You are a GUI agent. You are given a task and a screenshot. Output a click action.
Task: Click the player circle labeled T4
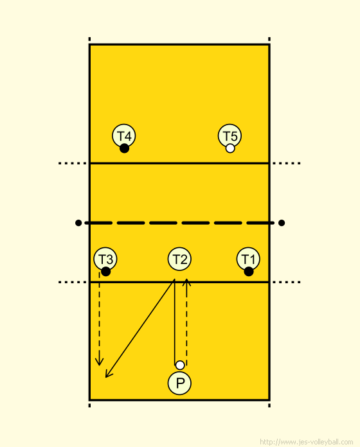[124, 136]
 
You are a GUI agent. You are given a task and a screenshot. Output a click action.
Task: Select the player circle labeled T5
[230, 136]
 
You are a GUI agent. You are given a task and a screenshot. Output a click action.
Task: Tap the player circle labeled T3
[105, 259]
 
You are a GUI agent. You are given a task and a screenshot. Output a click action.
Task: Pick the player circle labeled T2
[179, 259]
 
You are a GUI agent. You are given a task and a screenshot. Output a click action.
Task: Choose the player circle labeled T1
[248, 259]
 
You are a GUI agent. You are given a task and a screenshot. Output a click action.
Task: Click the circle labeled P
[179, 383]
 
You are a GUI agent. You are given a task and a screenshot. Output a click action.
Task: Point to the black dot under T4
[124, 148]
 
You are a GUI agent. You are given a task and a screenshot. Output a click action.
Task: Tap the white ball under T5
[230, 148]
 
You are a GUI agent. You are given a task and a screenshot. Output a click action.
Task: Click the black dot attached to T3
[105, 272]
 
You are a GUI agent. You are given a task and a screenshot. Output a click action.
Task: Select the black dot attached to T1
[249, 272]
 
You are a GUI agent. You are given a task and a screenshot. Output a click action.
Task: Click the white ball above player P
[180, 365]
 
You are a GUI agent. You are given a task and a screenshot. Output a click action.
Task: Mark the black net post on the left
[78, 223]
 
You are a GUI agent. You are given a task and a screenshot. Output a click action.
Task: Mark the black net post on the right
[282, 223]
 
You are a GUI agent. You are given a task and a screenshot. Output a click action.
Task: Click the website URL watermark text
[307, 442]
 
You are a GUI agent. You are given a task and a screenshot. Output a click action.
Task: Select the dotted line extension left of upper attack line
[73, 163]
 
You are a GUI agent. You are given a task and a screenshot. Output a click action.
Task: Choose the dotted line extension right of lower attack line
[286, 282]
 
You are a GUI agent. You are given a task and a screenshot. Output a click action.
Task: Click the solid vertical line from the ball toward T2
[175, 322]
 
